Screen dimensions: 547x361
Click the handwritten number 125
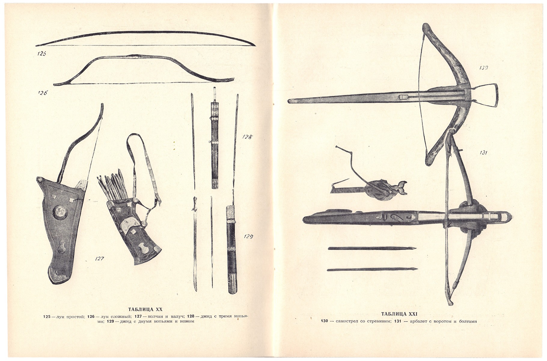42,54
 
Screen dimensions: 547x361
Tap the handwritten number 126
42,93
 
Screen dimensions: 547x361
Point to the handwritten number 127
99,258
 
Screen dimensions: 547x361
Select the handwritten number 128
247,137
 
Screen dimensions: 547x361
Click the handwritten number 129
248,237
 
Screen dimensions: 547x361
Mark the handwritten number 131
483,153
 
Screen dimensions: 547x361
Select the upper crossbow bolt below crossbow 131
372,248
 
